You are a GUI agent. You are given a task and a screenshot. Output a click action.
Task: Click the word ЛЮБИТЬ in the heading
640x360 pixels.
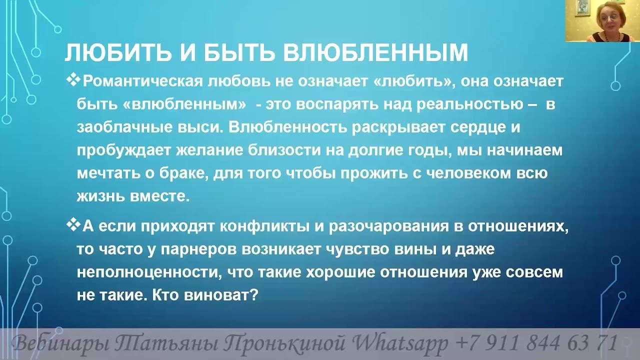118,53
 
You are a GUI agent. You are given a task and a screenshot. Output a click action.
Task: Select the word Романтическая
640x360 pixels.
143,81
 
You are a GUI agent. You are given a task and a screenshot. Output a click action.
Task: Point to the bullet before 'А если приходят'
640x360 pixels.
73,224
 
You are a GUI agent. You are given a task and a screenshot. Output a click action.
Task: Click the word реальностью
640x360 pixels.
469,104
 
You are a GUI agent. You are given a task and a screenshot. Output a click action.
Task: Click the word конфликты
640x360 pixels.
265,227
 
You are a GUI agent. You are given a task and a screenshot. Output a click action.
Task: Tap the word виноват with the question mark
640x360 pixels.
221,295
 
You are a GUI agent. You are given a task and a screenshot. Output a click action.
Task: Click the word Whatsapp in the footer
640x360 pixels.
399,343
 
